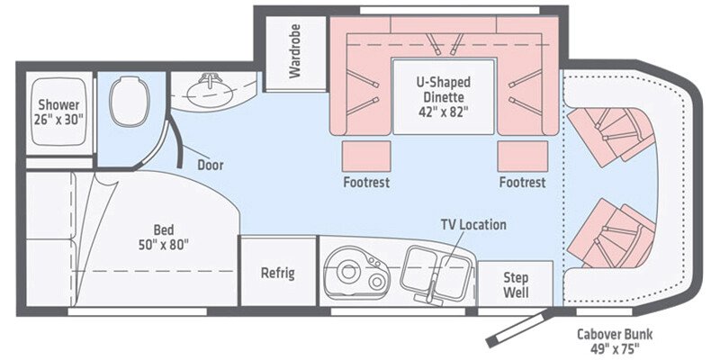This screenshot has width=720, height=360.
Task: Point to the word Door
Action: tap(210, 166)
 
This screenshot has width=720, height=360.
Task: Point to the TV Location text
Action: tap(472, 224)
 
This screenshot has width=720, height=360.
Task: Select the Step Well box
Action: tap(516, 284)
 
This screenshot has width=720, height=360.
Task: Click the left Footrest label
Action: tap(366, 182)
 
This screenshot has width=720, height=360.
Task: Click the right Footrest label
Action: tap(523, 182)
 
